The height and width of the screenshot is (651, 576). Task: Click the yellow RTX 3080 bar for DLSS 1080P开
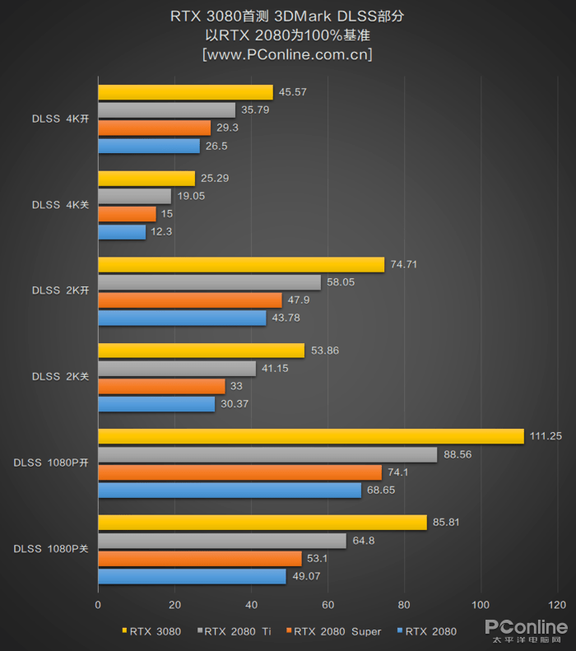[x=310, y=436]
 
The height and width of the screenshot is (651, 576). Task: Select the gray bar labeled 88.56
[x=267, y=454]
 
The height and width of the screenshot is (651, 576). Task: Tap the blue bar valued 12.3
[x=122, y=232]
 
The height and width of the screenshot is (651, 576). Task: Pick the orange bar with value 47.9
[x=189, y=300]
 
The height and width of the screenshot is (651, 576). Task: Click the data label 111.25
[x=545, y=436]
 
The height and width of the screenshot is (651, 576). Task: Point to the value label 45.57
[x=292, y=92]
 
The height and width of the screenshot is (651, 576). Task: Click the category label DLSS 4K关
[x=60, y=205]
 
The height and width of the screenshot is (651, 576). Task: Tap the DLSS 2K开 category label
[x=60, y=291]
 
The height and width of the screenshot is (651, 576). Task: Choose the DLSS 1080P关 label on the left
[x=50, y=548]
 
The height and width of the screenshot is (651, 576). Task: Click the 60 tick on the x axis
[x=327, y=605]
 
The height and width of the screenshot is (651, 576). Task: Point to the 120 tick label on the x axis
[x=557, y=605]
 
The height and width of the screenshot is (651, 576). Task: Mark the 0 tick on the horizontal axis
[x=98, y=605]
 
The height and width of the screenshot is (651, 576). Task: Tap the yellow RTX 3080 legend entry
[x=155, y=631]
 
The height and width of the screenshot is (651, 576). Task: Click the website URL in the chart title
[x=287, y=54]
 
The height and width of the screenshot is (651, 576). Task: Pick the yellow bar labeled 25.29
[x=146, y=179]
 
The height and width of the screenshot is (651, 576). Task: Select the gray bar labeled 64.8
[x=222, y=541]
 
